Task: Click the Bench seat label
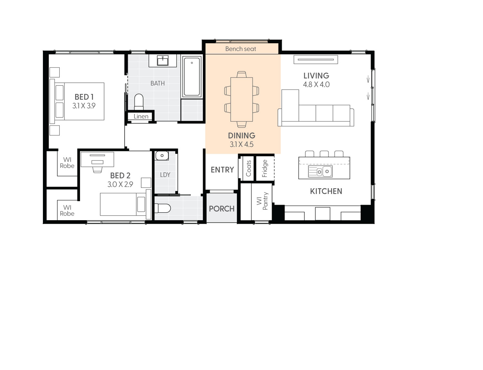click(x=241, y=49)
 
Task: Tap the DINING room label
click(x=241, y=136)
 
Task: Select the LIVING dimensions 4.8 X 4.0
click(x=316, y=85)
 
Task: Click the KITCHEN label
click(x=326, y=191)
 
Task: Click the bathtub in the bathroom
click(x=192, y=77)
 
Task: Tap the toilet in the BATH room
click(x=139, y=101)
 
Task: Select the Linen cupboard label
click(x=141, y=117)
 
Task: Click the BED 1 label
click(x=84, y=97)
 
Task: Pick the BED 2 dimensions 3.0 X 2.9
click(x=120, y=184)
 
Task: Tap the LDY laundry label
click(x=165, y=175)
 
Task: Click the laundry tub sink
click(x=162, y=156)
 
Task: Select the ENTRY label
click(x=222, y=170)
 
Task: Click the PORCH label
click(x=222, y=209)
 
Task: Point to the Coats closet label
click(x=249, y=168)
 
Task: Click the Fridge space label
click(x=265, y=168)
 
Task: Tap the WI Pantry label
click(x=262, y=201)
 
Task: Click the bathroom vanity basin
click(x=163, y=60)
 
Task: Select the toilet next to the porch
click(x=163, y=209)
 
